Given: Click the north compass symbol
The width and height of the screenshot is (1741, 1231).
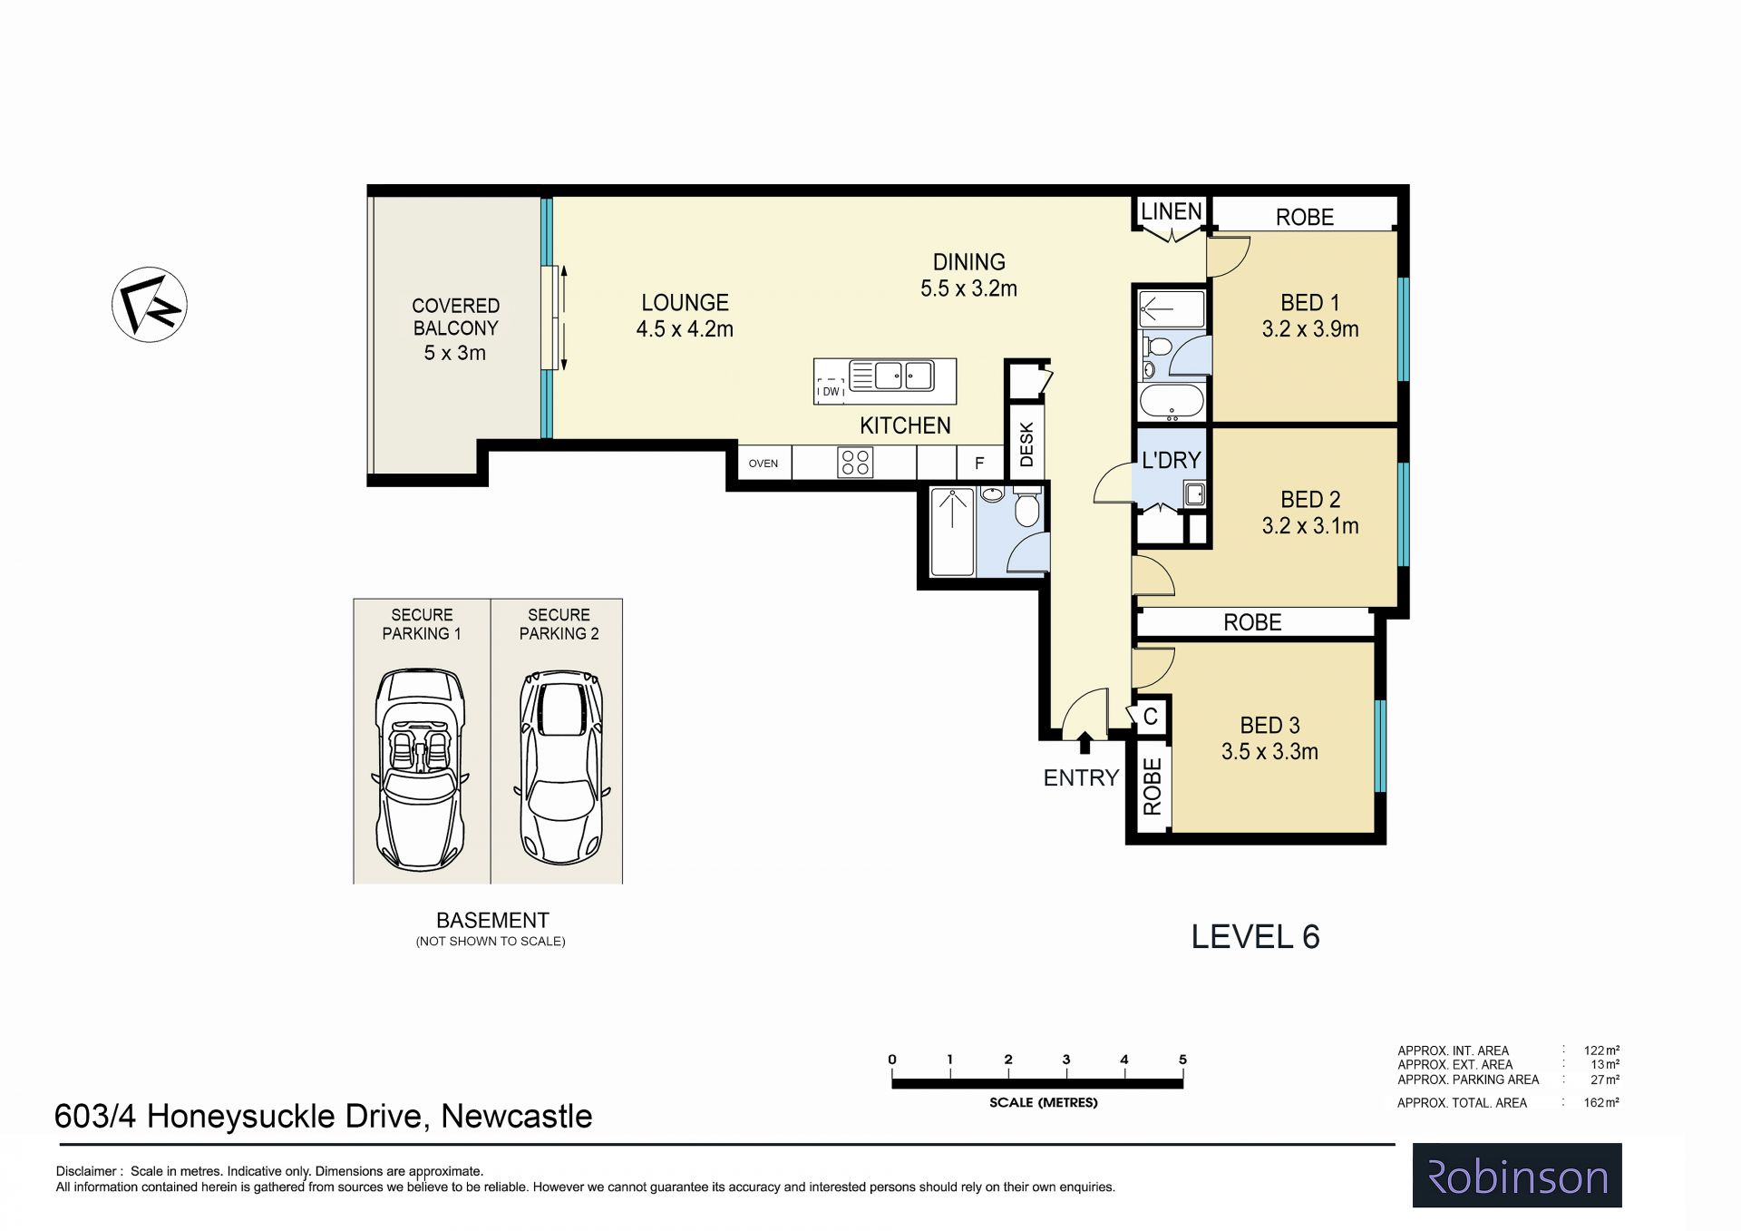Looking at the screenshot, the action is [150, 305].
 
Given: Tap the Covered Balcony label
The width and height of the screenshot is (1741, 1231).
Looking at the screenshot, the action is [455, 328].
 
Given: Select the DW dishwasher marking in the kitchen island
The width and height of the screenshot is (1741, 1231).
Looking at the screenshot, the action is [831, 392].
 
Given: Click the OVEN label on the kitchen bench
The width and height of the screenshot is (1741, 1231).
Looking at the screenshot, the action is [764, 464].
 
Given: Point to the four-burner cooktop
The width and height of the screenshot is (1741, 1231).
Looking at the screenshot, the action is [855, 463].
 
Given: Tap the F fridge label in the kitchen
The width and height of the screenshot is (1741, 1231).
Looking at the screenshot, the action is [979, 464].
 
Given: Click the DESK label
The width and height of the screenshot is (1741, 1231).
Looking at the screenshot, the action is [1026, 445].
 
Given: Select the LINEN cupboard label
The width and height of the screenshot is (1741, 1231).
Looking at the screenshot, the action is [1171, 211].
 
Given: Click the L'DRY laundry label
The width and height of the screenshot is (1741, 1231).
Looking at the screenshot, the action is [1171, 460].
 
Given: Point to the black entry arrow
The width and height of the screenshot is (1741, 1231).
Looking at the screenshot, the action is [1084, 743].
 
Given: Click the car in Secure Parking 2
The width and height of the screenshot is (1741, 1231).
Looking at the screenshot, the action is [560, 767].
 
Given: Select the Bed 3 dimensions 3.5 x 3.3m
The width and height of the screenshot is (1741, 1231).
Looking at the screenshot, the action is [1269, 751].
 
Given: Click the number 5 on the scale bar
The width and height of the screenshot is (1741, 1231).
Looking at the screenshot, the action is [1182, 1060].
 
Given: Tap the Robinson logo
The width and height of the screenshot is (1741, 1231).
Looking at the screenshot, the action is [1517, 1176].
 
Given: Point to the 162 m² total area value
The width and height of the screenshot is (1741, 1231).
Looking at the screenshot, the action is [1601, 1103].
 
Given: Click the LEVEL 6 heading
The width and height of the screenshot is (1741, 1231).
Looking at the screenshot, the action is [1255, 936].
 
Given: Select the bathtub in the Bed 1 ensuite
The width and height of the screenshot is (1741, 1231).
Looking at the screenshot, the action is [1172, 401].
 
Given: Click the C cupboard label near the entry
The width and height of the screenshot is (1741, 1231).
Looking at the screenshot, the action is [1150, 717].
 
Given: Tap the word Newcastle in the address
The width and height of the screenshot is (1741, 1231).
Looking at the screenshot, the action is [516, 1116].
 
